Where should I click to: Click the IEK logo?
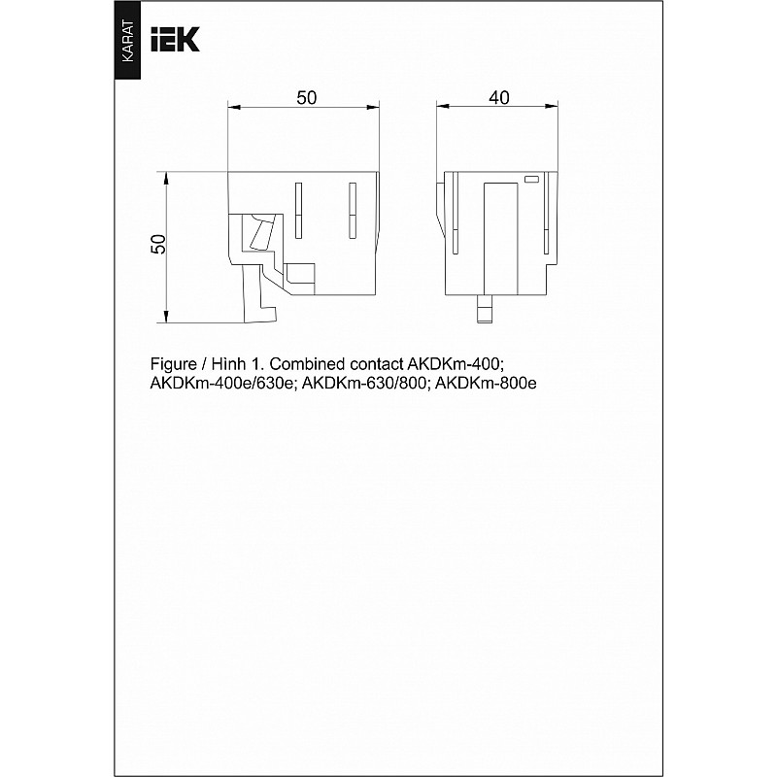click(x=175, y=39)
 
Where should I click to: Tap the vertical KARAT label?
click(x=127, y=41)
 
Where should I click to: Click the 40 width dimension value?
click(x=498, y=98)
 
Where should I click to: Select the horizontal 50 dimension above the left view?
click(x=306, y=98)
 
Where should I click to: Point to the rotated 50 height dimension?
click(x=158, y=245)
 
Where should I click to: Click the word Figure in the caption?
click(x=174, y=365)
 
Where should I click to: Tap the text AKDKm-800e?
click(x=486, y=384)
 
